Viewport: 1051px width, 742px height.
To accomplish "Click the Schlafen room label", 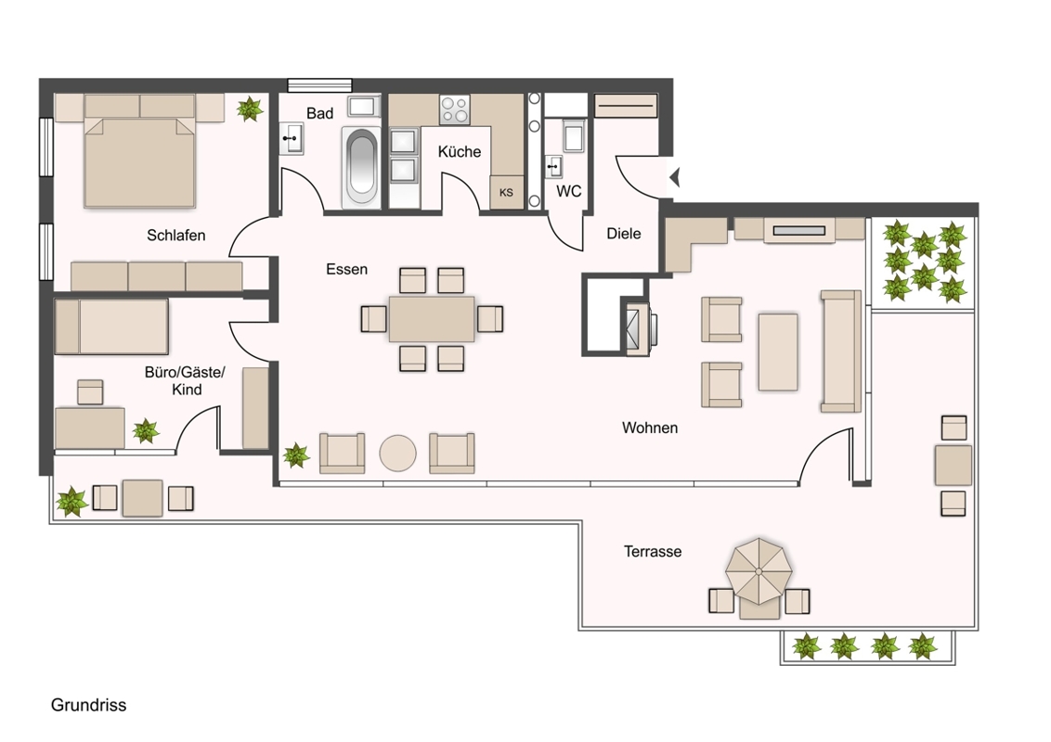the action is pos(175,235).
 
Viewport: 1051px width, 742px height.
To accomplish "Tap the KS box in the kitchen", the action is pos(506,192).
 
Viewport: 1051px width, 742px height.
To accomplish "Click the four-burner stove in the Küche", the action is pos(454,109).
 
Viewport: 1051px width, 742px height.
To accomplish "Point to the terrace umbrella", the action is pos(759,571).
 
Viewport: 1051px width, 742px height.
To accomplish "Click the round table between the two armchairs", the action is pos(398,454).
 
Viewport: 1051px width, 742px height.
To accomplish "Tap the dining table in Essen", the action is pos(432,319).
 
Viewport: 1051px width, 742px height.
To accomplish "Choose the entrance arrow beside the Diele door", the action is pos(675,177).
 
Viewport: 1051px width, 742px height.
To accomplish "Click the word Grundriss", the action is pos(88,705).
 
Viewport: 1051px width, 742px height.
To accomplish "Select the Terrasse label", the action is pos(652,551).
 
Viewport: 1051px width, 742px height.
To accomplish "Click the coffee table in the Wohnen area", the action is pos(778,352).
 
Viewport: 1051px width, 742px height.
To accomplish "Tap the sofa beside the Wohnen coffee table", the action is pos(841,351).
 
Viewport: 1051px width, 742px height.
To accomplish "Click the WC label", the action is pos(568,191).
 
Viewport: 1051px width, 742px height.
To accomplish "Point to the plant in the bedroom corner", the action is pos(250,109).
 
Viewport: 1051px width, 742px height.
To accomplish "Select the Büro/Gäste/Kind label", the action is pos(185,380).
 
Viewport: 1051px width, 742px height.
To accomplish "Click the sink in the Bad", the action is pos(291,138).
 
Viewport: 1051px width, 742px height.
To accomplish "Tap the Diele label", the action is pos(623,234).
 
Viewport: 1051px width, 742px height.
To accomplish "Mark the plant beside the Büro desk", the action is pos(146,430).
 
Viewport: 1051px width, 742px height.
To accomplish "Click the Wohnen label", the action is pos(650,428).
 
